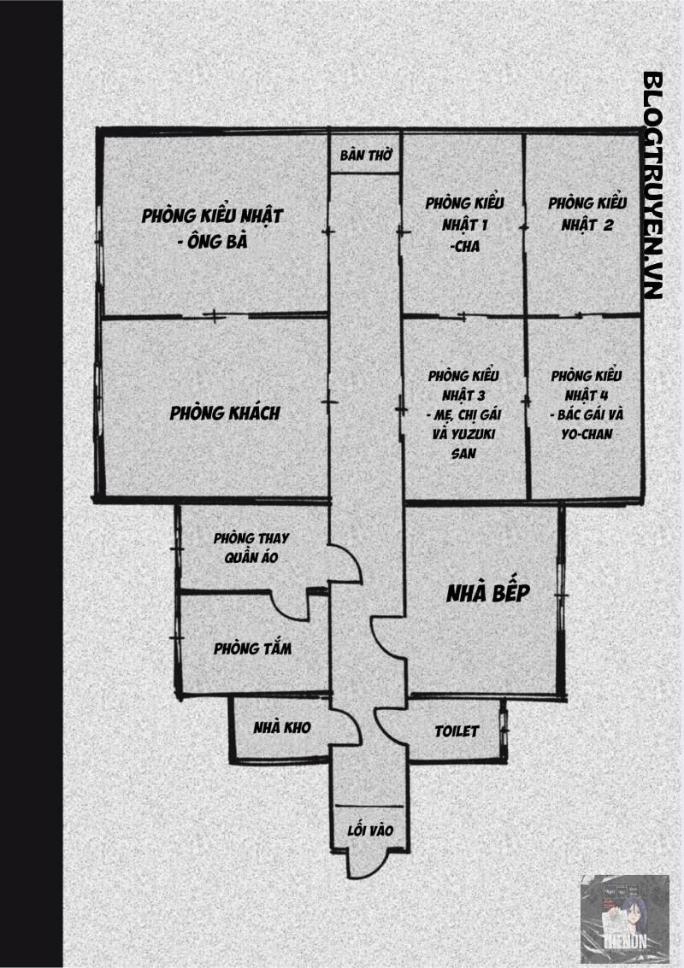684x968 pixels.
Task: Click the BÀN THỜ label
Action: [365, 155]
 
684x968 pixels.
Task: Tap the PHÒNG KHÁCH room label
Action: [225, 414]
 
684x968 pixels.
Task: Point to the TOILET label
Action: [457, 731]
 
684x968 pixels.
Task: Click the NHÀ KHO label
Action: [281, 727]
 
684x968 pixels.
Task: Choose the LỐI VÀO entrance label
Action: [369, 830]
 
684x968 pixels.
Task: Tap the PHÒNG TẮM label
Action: [252, 648]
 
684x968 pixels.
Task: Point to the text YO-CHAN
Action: [587, 433]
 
